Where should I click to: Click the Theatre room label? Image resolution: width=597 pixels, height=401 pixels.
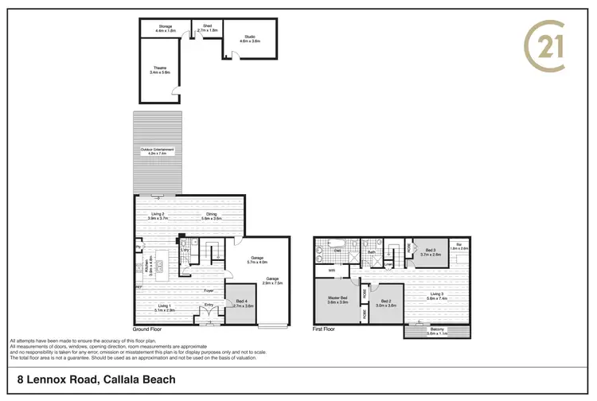160,69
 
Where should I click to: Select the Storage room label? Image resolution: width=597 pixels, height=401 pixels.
165,29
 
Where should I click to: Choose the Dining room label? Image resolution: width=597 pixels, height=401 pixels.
210,216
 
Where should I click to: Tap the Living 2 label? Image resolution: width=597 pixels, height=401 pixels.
158,216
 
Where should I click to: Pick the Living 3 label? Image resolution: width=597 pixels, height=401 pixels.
436,296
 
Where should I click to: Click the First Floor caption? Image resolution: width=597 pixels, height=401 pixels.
324,327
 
